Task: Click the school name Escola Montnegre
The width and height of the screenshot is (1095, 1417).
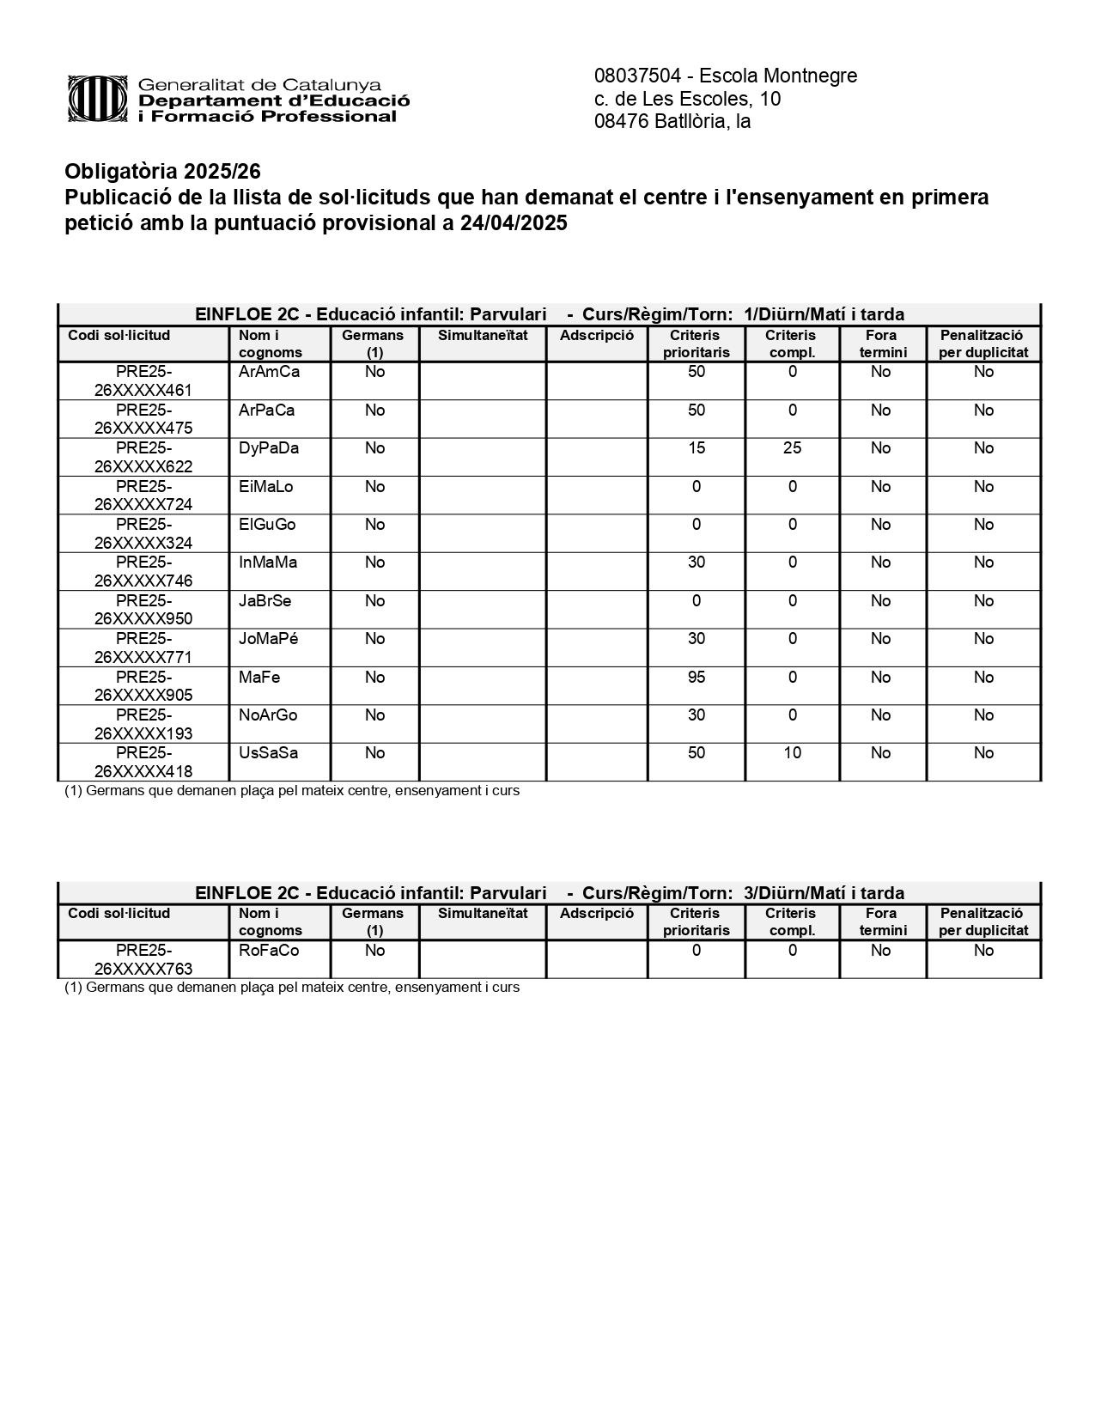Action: click(x=778, y=76)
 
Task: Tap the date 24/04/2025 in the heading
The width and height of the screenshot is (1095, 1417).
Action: click(x=514, y=223)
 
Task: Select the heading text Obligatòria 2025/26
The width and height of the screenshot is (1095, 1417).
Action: click(x=162, y=172)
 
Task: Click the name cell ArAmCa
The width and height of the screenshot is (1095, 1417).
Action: click(x=269, y=372)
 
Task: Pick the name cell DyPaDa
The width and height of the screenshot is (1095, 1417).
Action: click(x=269, y=448)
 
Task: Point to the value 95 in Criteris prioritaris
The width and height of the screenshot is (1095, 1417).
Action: click(x=696, y=678)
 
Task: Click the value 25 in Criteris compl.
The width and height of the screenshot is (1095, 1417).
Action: click(x=792, y=448)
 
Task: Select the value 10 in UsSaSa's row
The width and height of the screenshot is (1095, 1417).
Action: click(x=792, y=753)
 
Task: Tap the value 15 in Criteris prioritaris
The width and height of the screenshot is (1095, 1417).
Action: click(x=696, y=448)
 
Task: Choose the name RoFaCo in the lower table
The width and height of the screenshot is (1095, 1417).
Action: click(x=269, y=951)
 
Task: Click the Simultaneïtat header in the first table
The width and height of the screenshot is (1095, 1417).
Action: click(x=483, y=336)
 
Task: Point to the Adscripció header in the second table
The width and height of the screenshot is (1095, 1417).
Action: click(x=596, y=914)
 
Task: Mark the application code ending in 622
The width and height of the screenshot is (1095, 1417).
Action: click(x=143, y=458)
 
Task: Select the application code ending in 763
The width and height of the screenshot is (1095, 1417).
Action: click(x=143, y=960)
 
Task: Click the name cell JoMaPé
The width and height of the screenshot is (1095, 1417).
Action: click(x=269, y=639)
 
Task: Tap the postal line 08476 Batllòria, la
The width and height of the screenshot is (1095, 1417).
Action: click(x=672, y=122)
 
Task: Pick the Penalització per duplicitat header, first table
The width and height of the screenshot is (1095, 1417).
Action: click(x=983, y=344)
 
